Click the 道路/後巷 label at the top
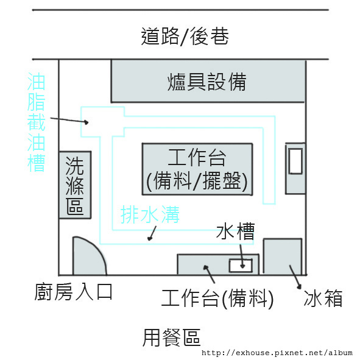[185, 37]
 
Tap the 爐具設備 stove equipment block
[208, 81]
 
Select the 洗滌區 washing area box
[75, 185]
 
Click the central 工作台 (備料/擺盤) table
[197, 169]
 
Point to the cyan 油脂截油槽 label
[36, 122]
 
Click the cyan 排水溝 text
[150, 214]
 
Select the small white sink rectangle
[241, 266]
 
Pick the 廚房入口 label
[73, 292]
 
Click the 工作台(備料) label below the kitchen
[217, 298]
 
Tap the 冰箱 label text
[323, 298]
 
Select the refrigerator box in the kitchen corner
[283, 256]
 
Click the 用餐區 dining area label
[172, 337]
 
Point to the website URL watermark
[277, 353]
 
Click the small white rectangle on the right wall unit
[295, 161]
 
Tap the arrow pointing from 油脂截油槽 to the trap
[69, 121]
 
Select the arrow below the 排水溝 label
[152, 233]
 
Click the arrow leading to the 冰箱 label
[295, 277]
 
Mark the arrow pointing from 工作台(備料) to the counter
[209, 274]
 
